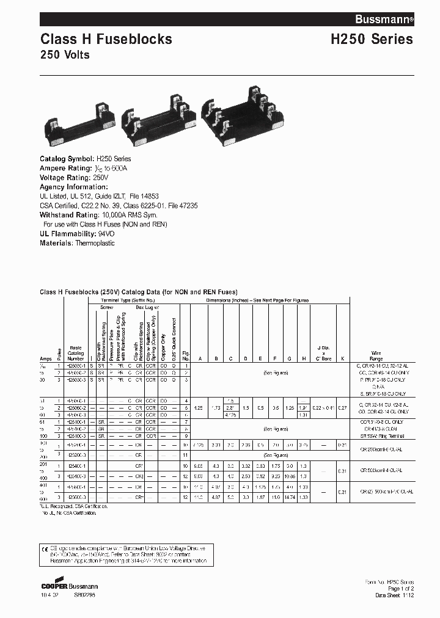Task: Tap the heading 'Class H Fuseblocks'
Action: pyautogui.click(x=106, y=40)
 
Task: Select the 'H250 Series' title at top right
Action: pyautogui.click(x=372, y=40)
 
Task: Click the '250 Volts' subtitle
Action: pyautogui.click(x=65, y=56)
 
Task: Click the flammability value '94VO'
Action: pyautogui.click(x=105, y=234)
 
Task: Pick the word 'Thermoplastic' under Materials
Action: pyautogui.click(x=95, y=243)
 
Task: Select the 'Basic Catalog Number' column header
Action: pyautogui.click(x=75, y=352)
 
